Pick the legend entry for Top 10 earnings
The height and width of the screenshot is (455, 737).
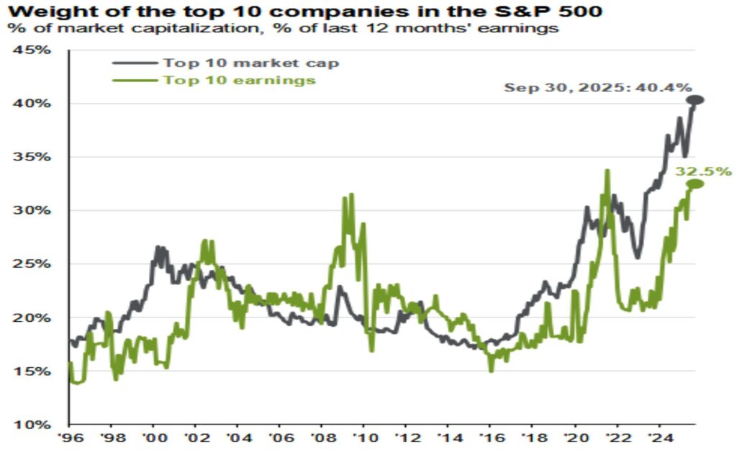point(239,80)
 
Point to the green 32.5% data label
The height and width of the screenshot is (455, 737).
point(703,171)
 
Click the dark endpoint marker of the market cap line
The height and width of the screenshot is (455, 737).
point(695,100)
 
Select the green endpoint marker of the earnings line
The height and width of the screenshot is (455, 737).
point(695,184)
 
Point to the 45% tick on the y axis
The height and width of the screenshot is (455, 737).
point(32,50)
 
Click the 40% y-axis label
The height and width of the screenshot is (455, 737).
point(32,104)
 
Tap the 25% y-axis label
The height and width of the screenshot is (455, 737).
point(32,264)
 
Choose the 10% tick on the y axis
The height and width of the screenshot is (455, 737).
point(32,425)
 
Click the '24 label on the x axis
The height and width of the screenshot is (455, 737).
point(657,438)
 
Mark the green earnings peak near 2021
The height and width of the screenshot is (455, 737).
point(607,171)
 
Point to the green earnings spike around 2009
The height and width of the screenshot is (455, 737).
point(351,195)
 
